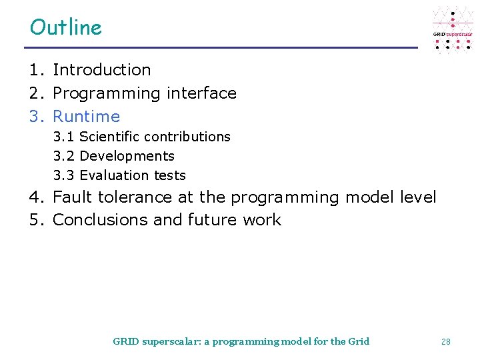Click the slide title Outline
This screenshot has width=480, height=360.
(66, 27)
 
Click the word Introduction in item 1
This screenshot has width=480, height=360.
(101, 69)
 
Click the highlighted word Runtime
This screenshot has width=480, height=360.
(86, 117)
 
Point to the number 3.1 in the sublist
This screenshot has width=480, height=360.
(64, 137)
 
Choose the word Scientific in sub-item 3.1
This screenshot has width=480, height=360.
(109, 137)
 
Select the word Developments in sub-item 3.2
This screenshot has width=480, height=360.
(127, 156)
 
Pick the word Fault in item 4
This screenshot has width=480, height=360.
(73, 197)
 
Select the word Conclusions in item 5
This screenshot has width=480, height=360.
(101, 220)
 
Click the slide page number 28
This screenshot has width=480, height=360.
(446, 341)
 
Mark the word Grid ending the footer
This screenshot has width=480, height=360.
(359, 341)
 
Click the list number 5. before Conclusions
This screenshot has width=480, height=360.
(37, 220)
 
